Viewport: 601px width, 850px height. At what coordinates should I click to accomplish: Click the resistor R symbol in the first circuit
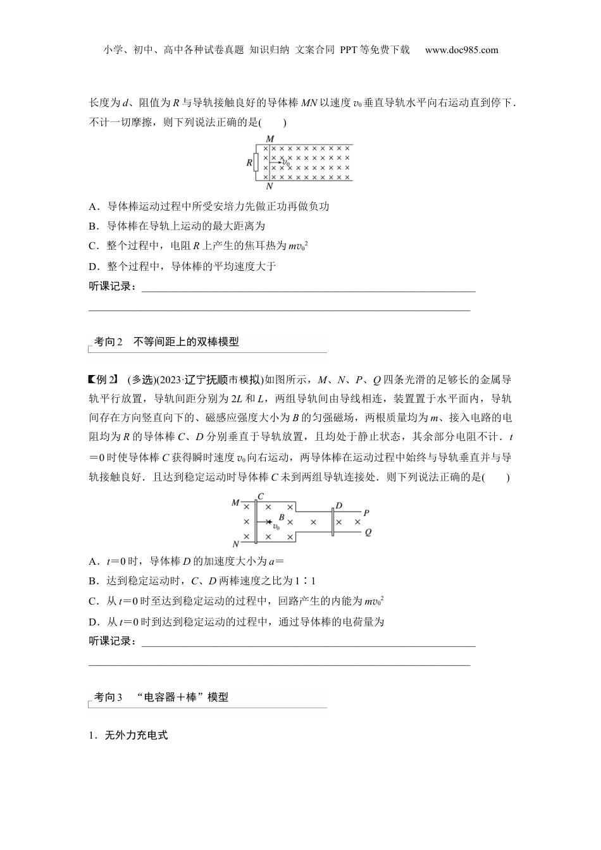click(256, 163)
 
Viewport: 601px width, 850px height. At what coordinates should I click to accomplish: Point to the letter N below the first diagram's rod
click(270, 187)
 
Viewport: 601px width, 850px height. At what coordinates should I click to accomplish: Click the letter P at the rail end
click(367, 513)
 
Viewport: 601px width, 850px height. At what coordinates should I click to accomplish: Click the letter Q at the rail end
click(368, 533)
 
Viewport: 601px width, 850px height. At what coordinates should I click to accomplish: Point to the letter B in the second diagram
click(282, 516)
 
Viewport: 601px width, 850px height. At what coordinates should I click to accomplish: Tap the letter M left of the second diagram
click(235, 503)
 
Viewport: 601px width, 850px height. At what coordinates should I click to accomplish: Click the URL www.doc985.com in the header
click(461, 50)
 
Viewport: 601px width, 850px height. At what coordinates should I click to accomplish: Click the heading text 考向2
click(108, 342)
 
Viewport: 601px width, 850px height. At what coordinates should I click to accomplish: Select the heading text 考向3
click(108, 698)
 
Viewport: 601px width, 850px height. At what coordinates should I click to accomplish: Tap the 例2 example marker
click(103, 379)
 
